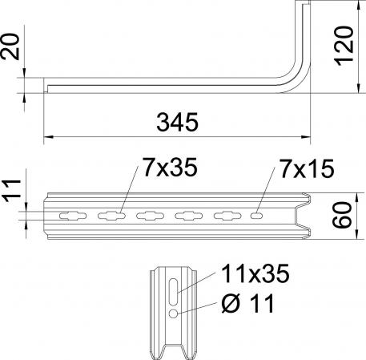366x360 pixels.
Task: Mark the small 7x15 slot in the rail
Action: (x=255, y=215)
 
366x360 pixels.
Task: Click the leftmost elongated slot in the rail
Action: (x=68, y=215)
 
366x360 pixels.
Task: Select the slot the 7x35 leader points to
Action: (x=109, y=215)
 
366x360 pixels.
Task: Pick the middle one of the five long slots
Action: (x=149, y=215)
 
